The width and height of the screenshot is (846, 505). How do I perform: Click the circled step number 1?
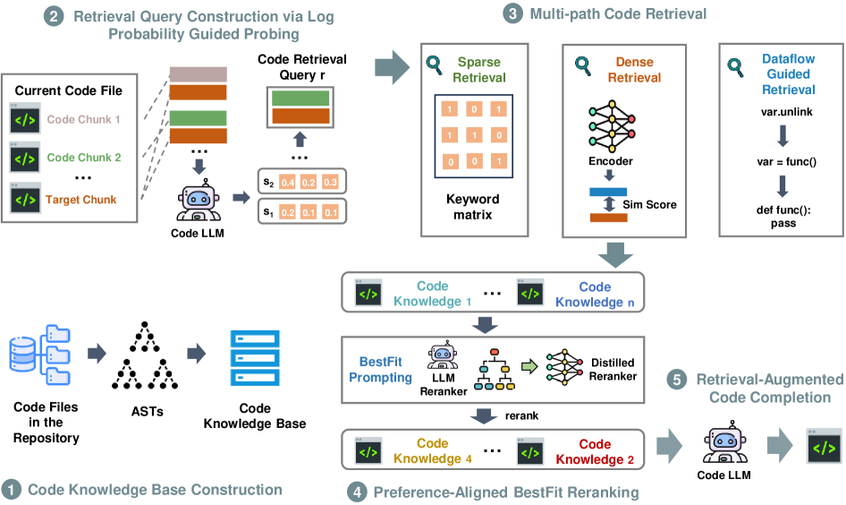coord(11,490)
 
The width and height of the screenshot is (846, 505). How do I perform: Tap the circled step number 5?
coord(677,380)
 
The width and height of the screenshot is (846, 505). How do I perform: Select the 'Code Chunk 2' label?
coord(84,158)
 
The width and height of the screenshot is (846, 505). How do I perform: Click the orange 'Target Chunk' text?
coord(80,200)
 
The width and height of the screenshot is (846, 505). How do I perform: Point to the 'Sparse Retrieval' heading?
coord(479,70)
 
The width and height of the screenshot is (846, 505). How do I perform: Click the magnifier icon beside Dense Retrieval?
coord(583,66)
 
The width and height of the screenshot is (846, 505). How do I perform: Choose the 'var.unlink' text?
coord(787,112)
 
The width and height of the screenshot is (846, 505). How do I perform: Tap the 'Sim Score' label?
coord(649,205)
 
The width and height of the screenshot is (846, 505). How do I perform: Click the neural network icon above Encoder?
coord(612,126)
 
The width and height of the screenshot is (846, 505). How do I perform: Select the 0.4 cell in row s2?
coord(288,182)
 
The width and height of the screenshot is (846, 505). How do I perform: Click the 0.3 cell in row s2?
coord(330,182)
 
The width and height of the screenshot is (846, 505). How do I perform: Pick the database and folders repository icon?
coord(40,355)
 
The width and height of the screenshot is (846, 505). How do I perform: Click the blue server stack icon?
coord(255,357)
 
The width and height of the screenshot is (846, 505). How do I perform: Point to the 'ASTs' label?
coord(148,412)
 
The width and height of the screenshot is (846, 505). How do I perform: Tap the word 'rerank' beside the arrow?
coord(521,415)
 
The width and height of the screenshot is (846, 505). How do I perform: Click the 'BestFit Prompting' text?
coord(380,370)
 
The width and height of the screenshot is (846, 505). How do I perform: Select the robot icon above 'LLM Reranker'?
coord(443,355)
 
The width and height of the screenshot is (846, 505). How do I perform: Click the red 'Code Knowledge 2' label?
coord(595,451)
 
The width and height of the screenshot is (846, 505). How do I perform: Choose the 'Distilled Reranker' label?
coord(613,370)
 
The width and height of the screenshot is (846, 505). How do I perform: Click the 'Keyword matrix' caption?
coord(473,207)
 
